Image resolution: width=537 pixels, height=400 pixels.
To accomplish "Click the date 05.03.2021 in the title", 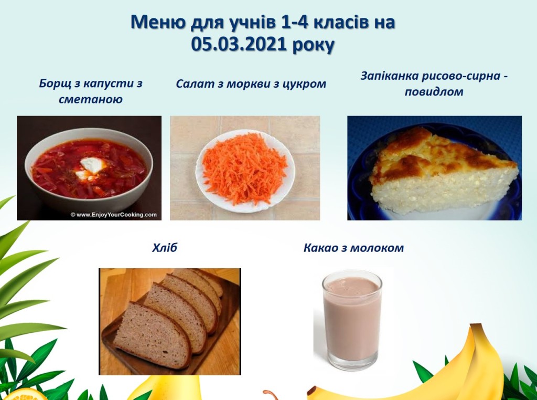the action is point(239,45).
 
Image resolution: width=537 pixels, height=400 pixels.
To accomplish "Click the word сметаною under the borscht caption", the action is point(91,99).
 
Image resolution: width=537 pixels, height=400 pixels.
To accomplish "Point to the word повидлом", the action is point(434,92).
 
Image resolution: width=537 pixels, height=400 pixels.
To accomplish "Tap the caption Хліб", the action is point(164,247).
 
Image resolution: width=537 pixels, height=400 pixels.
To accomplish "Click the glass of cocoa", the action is point(352,320).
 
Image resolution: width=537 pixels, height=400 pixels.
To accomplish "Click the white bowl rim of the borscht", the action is point(89,132).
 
